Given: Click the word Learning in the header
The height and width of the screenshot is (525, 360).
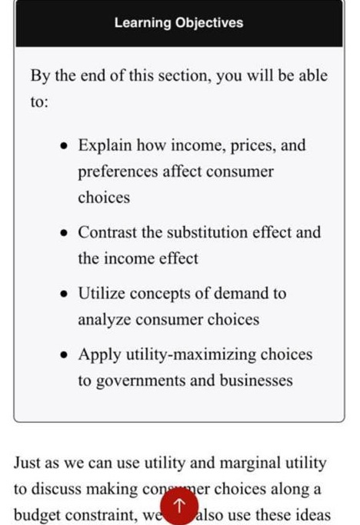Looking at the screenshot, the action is pos(143,23).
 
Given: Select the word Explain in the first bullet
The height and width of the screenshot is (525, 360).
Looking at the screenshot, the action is pos(104,145).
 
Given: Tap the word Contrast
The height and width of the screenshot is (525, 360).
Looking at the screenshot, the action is pos(108,232).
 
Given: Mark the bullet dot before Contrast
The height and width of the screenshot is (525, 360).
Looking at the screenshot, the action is pos(64,233).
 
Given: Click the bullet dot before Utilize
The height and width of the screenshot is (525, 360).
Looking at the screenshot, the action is pos(64,294).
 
